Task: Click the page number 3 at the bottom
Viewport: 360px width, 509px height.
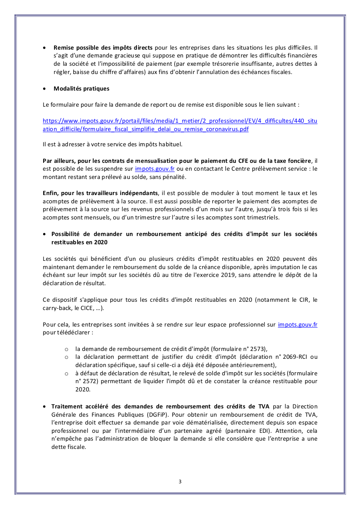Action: coord(180,481)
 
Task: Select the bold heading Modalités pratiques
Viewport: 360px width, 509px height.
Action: coord(81,88)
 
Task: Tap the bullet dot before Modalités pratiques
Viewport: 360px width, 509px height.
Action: coord(45,89)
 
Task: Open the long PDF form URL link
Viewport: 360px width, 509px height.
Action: coord(180,125)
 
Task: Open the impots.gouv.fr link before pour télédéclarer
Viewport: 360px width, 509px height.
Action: coord(297,324)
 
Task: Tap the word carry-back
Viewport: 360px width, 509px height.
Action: coord(58,308)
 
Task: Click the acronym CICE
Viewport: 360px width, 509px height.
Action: coord(82,308)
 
